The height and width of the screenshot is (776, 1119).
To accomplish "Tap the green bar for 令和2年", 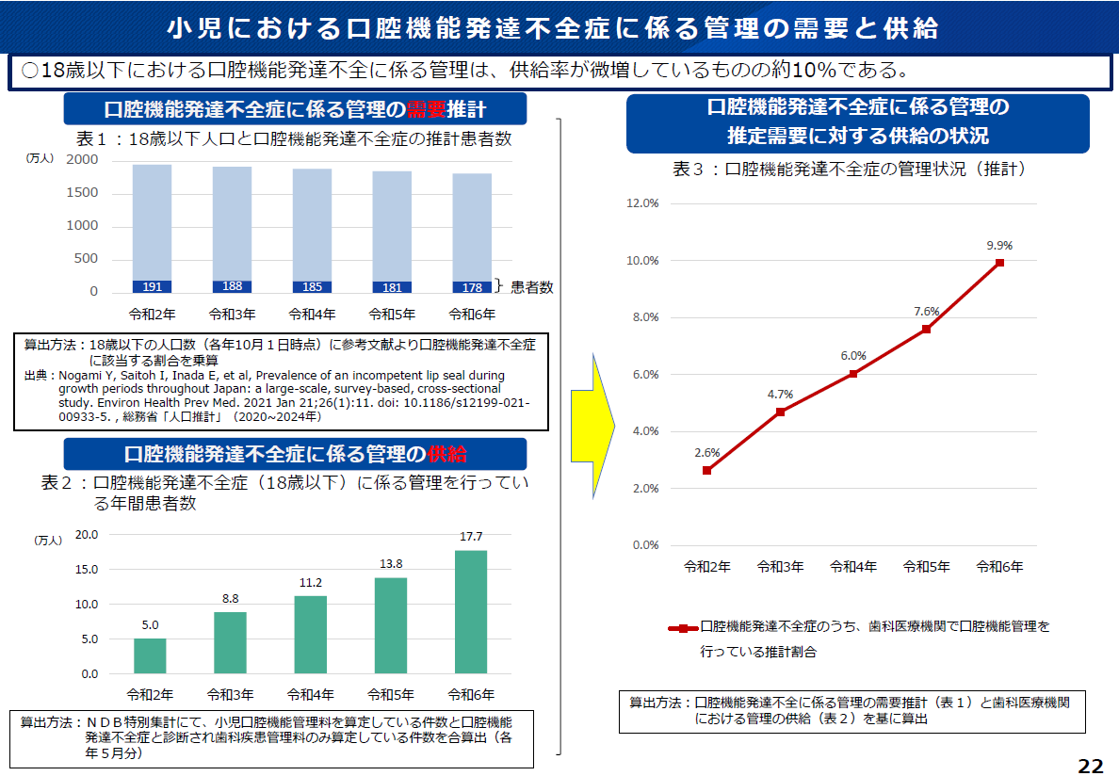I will [150, 656].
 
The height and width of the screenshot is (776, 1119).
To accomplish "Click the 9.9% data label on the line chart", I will [999, 246].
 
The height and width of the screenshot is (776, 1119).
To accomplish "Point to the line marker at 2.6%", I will [707, 470].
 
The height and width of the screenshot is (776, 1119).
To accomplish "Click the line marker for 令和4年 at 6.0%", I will [853, 374].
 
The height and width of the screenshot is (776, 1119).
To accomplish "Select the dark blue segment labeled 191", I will [152, 287].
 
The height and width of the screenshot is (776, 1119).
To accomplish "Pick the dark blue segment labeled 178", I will [471, 287].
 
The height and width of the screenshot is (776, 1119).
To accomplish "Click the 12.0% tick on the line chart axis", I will [642, 203].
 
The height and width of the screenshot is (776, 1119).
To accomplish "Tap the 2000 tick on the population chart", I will [82, 160].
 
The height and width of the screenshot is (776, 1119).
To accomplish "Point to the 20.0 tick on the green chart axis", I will [86, 534].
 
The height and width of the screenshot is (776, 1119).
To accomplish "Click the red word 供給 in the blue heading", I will [446, 454].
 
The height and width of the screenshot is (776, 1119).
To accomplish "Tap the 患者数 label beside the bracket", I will [532, 288].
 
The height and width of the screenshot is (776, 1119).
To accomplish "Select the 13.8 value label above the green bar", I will [391, 563].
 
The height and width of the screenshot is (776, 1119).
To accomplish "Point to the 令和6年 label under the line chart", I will [999, 567].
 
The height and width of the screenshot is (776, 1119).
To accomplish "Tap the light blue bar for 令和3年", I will [232, 222].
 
